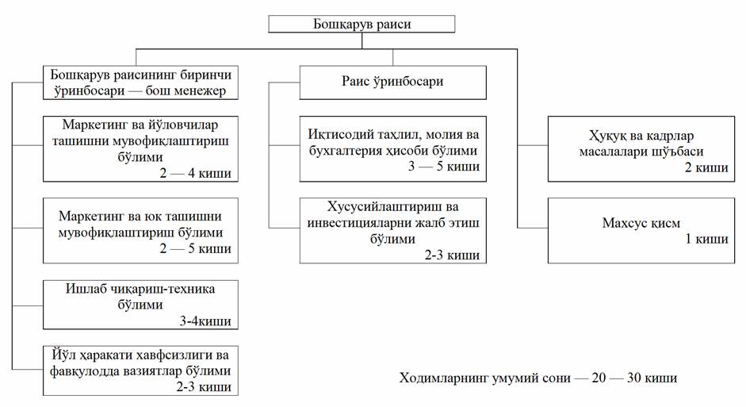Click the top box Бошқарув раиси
point(362,24)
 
